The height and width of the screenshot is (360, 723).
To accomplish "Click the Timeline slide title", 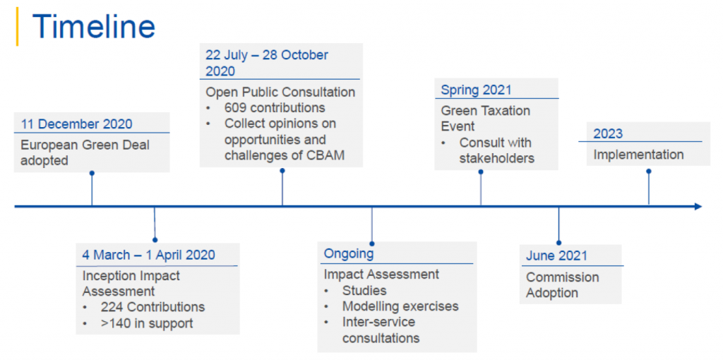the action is [x=94, y=25].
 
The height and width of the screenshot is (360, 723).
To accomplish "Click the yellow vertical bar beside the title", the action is [x=17, y=26].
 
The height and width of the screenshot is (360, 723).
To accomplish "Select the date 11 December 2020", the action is [x=76, y=124].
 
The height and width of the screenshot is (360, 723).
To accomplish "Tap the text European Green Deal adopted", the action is [x=85, y=152].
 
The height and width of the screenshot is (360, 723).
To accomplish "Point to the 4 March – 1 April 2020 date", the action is [x=148, y=255].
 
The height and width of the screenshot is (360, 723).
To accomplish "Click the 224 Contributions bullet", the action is [x=153, y=306].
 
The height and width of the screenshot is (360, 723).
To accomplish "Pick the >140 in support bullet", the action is [x=147, y=323].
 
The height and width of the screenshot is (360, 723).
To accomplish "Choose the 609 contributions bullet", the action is [x=275, y=108].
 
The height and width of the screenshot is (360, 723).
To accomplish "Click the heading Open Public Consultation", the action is [x=280, y=92].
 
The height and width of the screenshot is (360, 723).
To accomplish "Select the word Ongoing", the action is [x=349, y=254].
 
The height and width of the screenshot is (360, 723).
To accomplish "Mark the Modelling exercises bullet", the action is [x=400, y=306].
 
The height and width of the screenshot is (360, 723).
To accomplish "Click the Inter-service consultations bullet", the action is [x=381, y=330].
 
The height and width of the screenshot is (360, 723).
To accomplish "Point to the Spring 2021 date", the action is [x=476, y=90].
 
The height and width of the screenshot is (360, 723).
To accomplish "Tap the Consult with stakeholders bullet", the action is [x=496, y=150].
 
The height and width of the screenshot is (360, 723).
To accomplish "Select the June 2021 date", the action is [x=556, y=256].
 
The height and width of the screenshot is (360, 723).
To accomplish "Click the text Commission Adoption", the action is [x=563, y=285].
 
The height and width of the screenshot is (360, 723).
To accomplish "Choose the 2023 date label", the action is [x=608, y=133].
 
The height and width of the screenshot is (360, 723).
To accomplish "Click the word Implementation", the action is [x=638, y=155].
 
